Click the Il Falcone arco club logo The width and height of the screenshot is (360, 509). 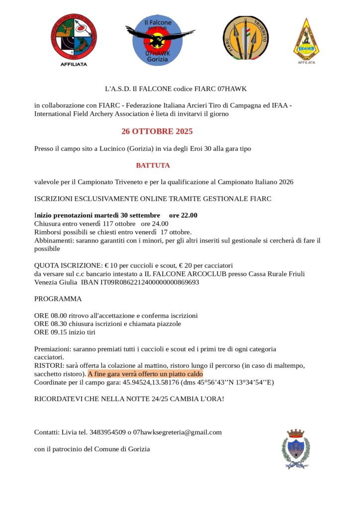click(160, 40)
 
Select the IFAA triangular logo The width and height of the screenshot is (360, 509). click(306, 39)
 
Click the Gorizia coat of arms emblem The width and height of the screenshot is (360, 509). click(296, 449)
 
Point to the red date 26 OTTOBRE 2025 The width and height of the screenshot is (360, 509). click(157, 132)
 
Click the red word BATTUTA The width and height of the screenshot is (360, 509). click(153, 165)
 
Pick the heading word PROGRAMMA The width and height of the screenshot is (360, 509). click(58, 299)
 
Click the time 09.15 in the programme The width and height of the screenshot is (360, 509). click(58, 332)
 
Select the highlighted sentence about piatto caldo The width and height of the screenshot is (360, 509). click(145, 374)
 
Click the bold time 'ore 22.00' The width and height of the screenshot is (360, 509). click(183, 215)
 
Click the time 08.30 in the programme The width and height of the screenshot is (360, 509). click(58, 324)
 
